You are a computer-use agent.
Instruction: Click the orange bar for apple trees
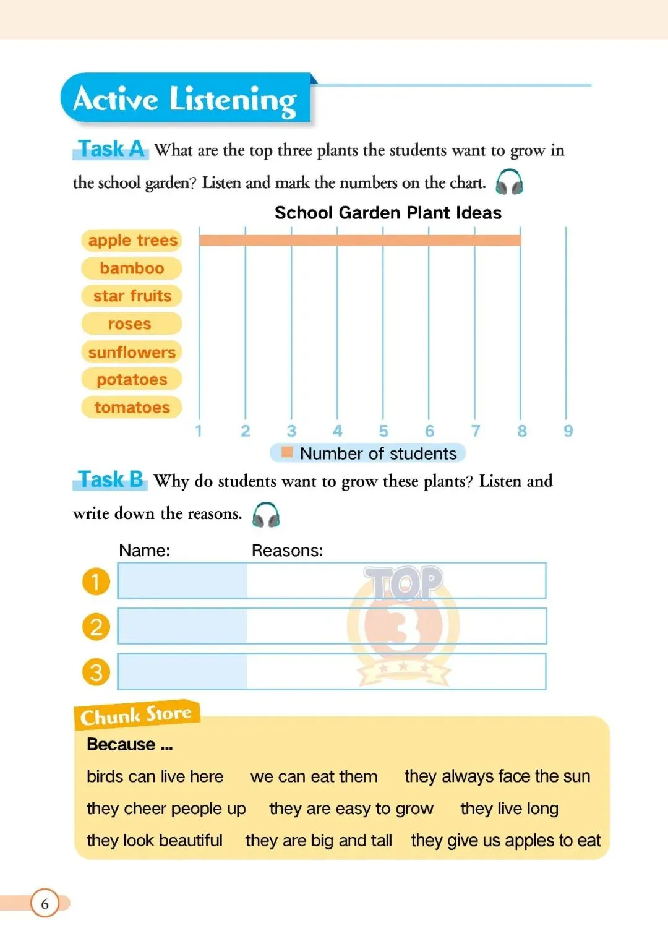point(359,241)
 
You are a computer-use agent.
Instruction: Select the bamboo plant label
point(132,268)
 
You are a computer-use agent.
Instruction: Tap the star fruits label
point(132,296)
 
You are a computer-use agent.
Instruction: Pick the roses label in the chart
point(130,324)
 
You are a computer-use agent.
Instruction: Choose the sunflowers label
point(132,352)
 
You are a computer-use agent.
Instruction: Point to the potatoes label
point(132,380)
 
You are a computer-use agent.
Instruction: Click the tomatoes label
point(132,408)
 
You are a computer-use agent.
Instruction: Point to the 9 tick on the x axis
point(568,431)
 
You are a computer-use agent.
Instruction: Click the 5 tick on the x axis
point(383,431)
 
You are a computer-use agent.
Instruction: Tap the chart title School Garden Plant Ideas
point(388,213)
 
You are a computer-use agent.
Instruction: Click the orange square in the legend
point(287,452)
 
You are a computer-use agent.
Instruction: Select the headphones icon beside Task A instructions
point(510,182)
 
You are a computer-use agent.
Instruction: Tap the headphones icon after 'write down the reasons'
point(266,515)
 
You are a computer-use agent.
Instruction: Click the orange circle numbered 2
point(96,627)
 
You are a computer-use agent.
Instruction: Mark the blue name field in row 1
point(182,581)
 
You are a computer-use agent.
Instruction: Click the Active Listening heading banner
point(186,99)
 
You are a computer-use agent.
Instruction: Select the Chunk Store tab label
point(136,715)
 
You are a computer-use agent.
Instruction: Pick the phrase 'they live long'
point(509,809)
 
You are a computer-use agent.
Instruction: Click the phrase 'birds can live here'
point(155,776)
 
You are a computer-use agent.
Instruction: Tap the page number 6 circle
point(45,904)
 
